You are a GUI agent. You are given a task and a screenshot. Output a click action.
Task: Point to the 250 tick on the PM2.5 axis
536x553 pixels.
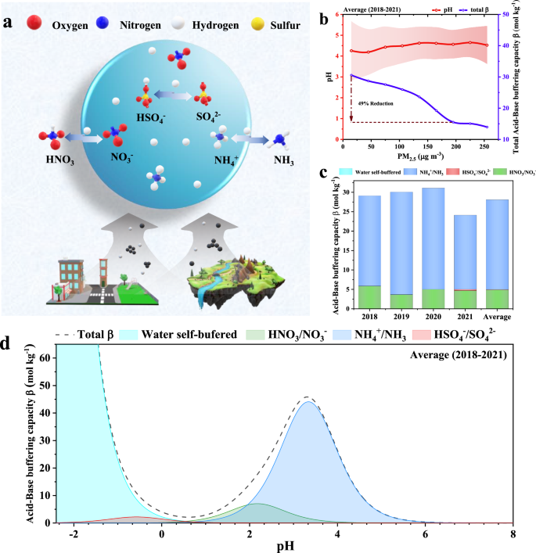(x=487, y=147)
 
